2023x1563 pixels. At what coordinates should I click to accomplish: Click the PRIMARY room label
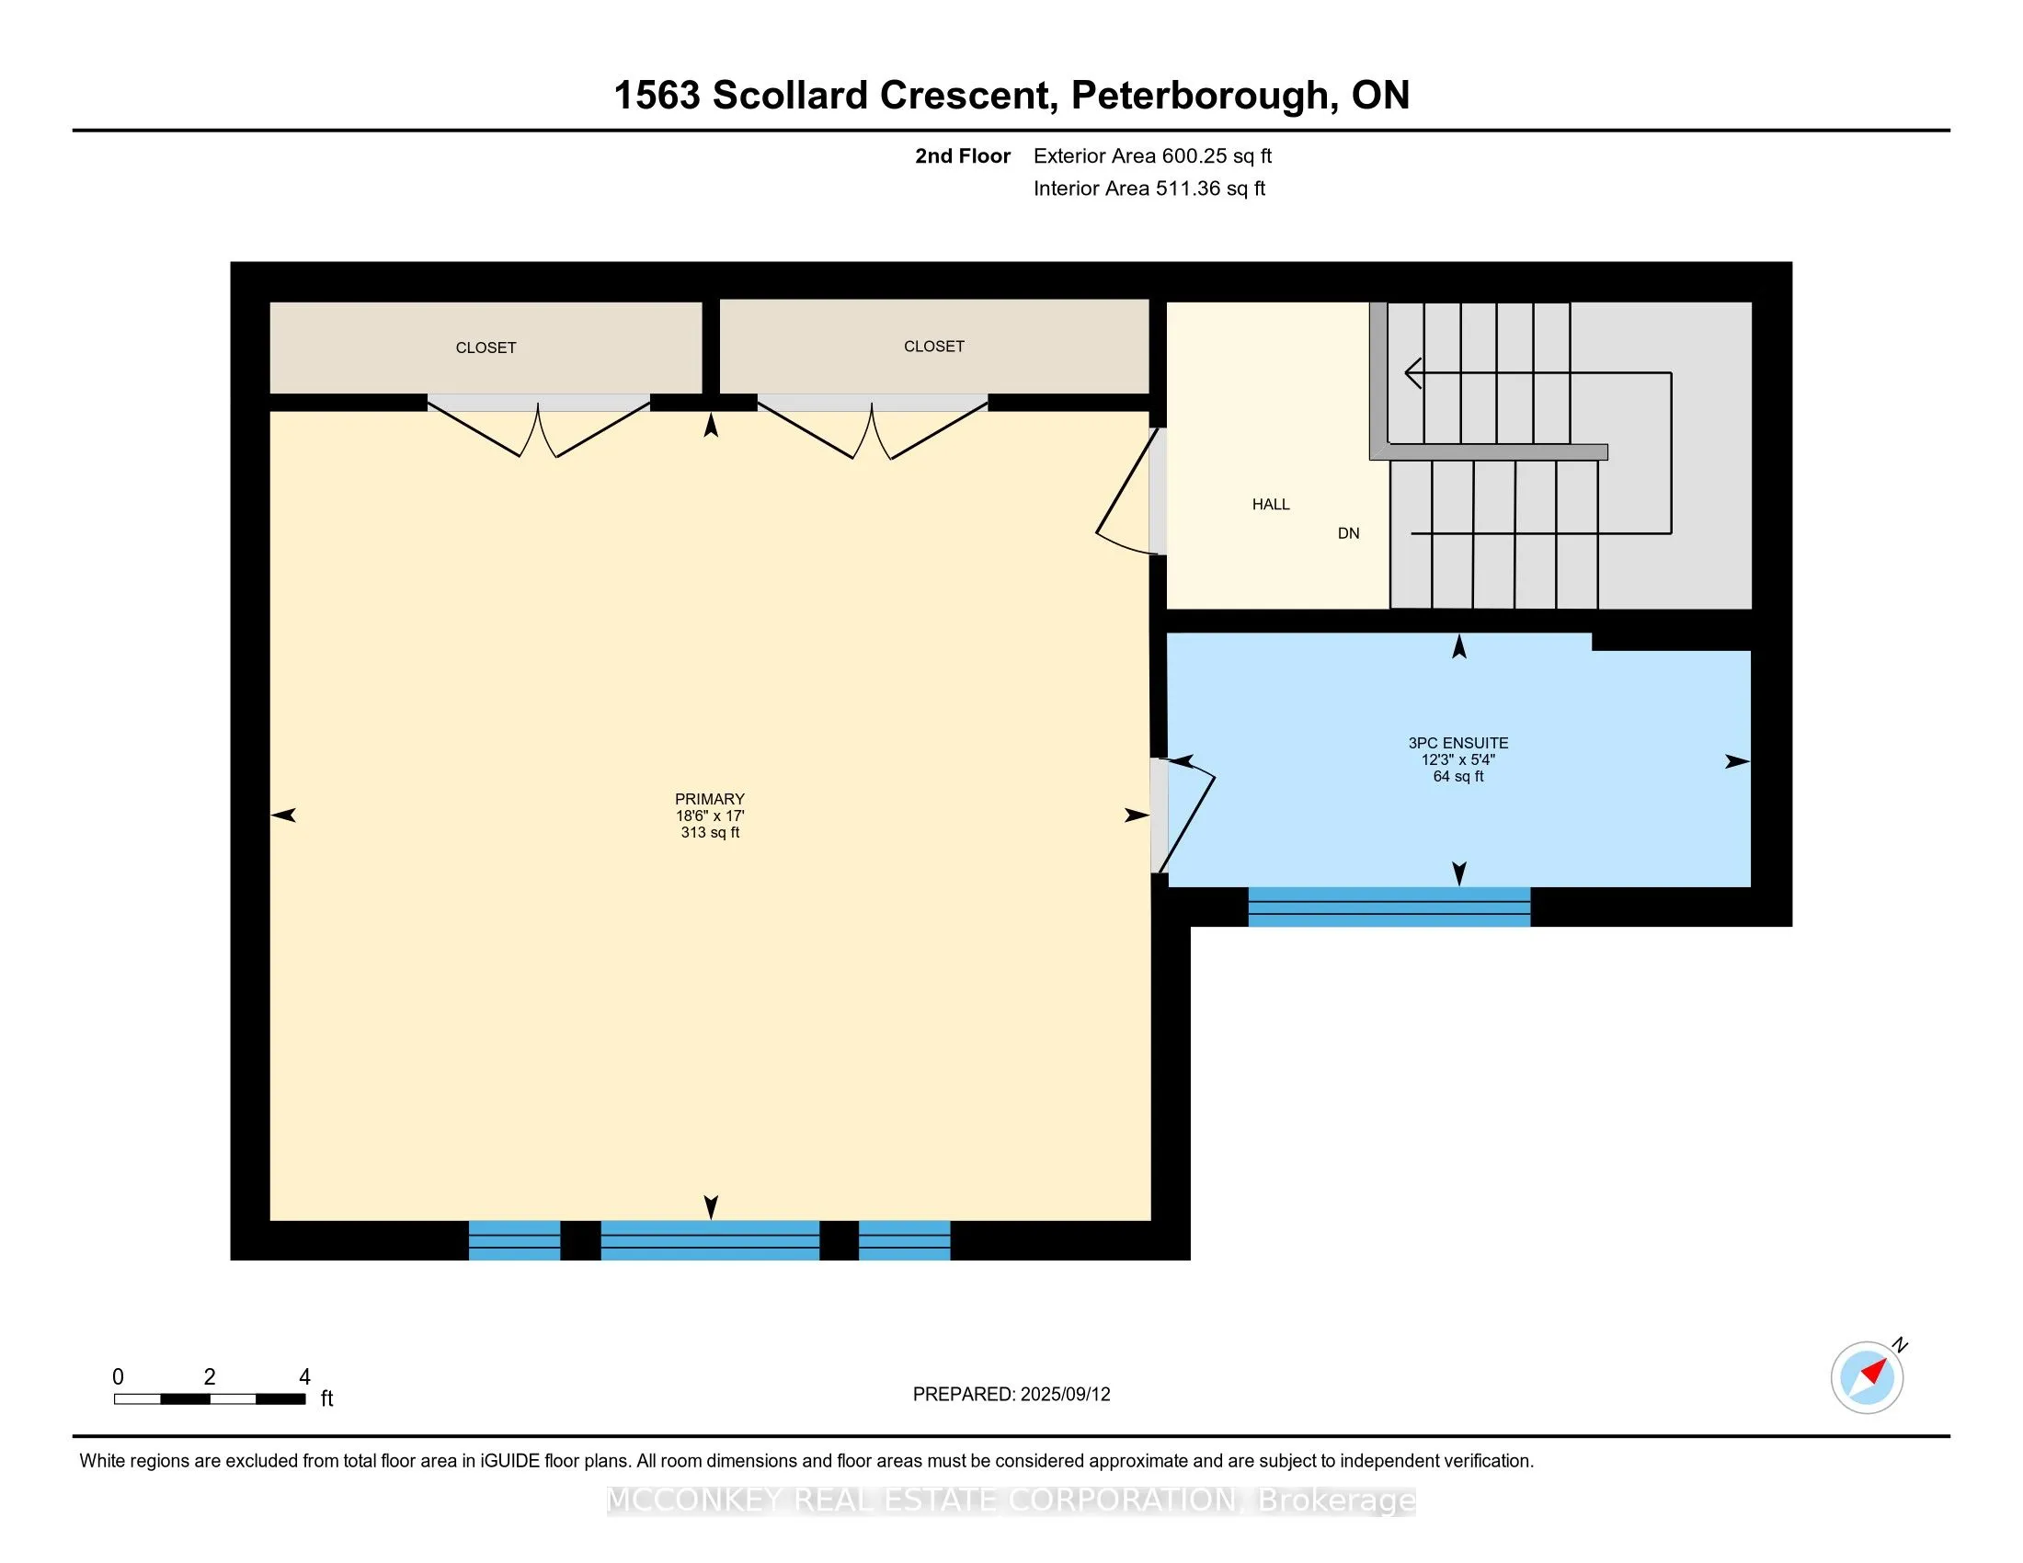pos(710,799)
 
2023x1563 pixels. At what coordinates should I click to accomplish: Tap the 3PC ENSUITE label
pos(1458,743)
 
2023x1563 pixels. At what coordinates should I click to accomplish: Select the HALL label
pos(1271,505)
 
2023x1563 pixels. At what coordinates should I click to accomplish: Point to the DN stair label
pos(1349,533)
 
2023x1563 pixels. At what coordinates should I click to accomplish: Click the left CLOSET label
pos(486,348)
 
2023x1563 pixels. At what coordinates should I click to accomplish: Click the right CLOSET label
pos(933,347)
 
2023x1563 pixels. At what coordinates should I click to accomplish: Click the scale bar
pos(211,1398)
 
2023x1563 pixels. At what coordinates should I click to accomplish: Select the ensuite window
pos(1389,907)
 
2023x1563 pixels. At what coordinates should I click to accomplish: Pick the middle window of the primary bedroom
pos(711,1241)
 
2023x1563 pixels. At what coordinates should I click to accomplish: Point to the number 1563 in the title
pos(657,96)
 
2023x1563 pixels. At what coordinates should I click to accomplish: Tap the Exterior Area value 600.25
pos(1191,155)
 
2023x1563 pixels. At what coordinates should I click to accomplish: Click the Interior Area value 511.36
pos(1184,188)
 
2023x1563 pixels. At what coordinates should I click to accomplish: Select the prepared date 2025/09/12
pos(1064,1395)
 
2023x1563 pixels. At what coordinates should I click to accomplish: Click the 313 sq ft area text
pos(710,832)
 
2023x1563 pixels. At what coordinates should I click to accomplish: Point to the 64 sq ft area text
pos(1458,776)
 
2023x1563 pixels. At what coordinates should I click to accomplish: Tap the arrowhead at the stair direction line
pos(1413,373)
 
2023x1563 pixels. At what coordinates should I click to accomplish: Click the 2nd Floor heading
pos(963,155)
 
